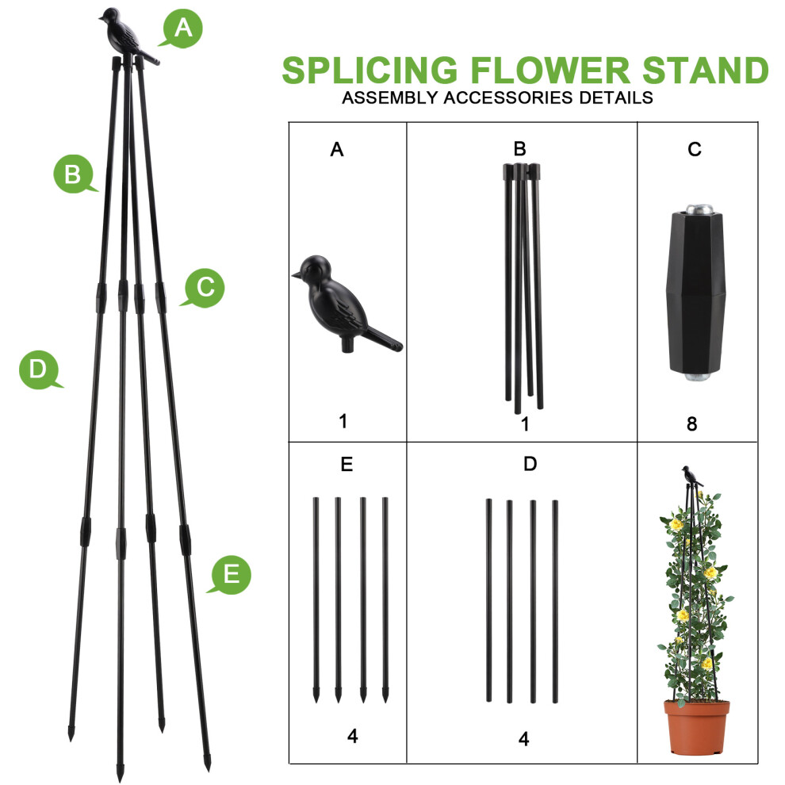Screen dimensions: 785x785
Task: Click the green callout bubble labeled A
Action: [182, 29]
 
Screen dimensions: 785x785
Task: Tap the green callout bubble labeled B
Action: [74, 174]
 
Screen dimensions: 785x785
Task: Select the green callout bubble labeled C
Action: [205, 288]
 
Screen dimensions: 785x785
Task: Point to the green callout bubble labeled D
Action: [39, 370]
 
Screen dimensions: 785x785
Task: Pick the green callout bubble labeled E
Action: [231, 575]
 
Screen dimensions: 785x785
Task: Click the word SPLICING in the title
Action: [370, 70]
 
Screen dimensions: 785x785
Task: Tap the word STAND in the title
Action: [705, 70]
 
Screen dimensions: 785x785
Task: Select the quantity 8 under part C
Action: [692, 424]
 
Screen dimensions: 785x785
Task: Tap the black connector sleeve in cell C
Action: [696, 293]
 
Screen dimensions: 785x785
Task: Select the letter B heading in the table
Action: [519, 149]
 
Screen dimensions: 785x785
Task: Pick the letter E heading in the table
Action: [347, 464]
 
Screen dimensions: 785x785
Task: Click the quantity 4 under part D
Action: [523, 739]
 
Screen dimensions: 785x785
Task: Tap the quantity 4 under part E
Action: [352, 736]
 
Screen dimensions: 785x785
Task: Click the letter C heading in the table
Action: [695, 149]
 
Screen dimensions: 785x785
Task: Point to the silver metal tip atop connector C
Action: [699, 209]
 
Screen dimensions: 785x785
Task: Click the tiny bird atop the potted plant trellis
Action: [691, 476]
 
